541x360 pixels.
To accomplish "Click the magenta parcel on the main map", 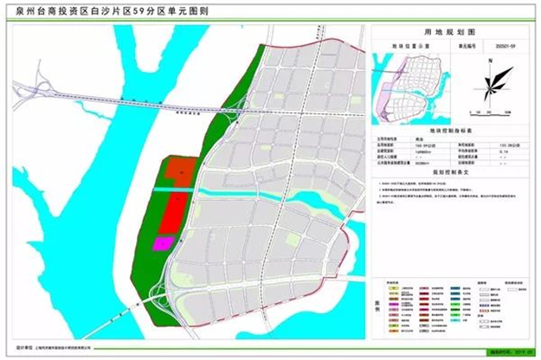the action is [x=161, y=243].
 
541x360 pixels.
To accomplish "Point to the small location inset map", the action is [x=415, y=82].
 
